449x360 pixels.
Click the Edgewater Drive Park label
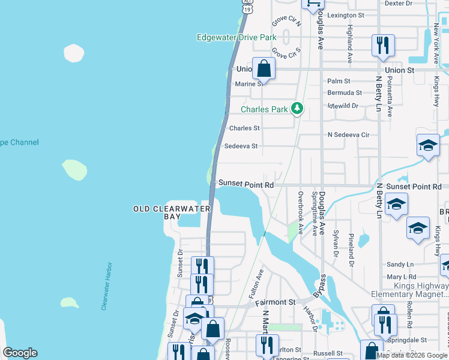tap(237, 37)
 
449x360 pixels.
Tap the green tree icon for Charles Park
tap(297, 109)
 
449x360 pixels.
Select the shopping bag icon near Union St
tap(264, 68)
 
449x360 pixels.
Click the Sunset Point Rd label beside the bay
tap(246, 185)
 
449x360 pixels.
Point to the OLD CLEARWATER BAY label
tap(172, 212)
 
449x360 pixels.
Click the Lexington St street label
tap(345, 15)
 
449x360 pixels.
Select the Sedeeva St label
tap(241, 146)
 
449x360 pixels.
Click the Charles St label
tap(244, 128)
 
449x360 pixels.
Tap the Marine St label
tap(249, 84)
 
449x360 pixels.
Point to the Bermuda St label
tap(345, 93)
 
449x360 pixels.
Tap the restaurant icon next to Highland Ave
tap(382, 46)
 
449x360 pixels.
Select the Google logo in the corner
tap(20, 353)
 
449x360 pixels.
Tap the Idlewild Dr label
tap(343, 106)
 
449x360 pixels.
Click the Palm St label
tap(339, 81)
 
